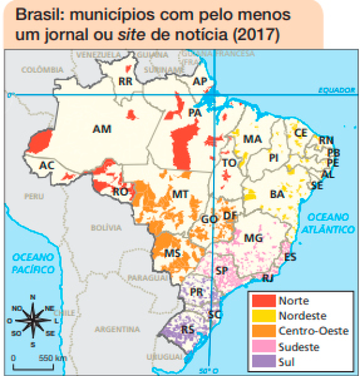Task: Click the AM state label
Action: coord(102,129)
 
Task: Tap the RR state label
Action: coord(125,81)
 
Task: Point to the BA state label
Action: coord(278,194)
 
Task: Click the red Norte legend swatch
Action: coord(263,300)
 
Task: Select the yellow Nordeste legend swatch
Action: coord(263,315)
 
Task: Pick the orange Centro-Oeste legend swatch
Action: coord(263,331)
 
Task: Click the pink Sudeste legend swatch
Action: coord(263,347)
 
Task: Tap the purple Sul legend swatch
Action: coord(263,362)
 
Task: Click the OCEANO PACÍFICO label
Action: coord(33,263)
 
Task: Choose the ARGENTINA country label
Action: coord(115,330)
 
